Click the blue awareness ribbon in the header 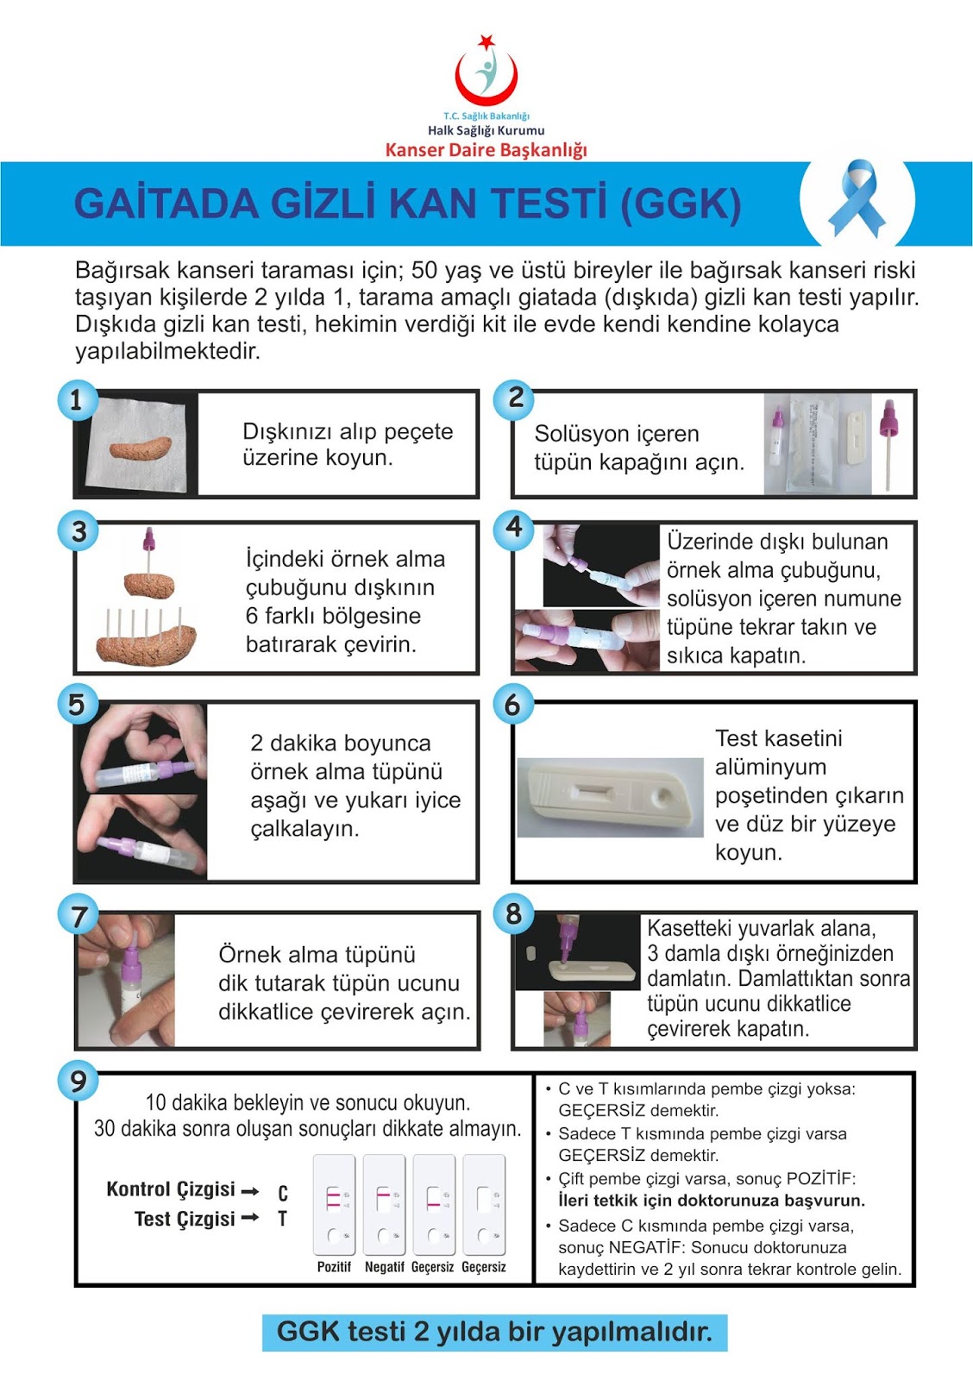pos(857,198)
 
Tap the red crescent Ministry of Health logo pos(486,71)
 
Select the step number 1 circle pos(78,400)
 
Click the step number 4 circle pos(514,527)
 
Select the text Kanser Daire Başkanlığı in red pos(486,150)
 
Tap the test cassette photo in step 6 pos(610,797)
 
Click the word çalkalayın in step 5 pos(304,829)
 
